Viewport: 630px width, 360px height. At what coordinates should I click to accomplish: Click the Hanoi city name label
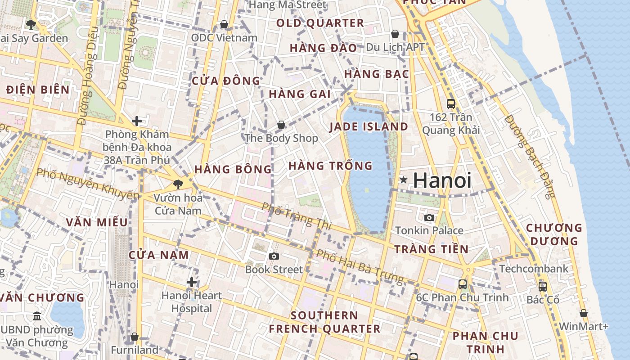(442, 180)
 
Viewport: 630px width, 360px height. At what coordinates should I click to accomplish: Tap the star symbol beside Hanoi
(404, 180)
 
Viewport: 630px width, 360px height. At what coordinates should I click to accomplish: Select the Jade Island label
(369, 126)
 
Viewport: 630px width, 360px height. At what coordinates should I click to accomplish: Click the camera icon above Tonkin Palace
(429, 218)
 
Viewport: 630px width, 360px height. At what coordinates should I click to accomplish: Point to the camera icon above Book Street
(274, 256)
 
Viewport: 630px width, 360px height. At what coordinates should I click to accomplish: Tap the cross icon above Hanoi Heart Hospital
(192, 282)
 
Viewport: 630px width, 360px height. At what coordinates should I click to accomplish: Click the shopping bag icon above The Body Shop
(281, 125)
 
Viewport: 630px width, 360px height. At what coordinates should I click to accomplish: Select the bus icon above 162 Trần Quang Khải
(451, 104)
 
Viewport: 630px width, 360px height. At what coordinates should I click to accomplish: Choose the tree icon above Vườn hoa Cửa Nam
(178, 184)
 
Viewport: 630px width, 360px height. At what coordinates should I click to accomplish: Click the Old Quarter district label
(320, 23)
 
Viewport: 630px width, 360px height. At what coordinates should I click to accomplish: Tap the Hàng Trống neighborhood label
(330, 166)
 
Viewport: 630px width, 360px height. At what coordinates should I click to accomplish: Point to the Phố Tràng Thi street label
(297, 215)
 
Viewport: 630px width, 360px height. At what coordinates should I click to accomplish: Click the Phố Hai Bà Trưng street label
(360, 266)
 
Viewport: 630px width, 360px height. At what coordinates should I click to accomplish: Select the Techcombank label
(534, 269)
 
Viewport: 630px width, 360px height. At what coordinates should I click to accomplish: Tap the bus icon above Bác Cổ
(543, 286)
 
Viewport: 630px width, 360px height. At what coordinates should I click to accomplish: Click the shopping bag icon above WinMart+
(584, 313)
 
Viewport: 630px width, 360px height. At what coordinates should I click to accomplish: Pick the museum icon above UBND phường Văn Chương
(37, 316)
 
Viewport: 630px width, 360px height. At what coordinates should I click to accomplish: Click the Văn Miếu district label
(97, 222)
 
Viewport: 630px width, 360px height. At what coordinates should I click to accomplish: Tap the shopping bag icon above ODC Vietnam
(224, 24)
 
